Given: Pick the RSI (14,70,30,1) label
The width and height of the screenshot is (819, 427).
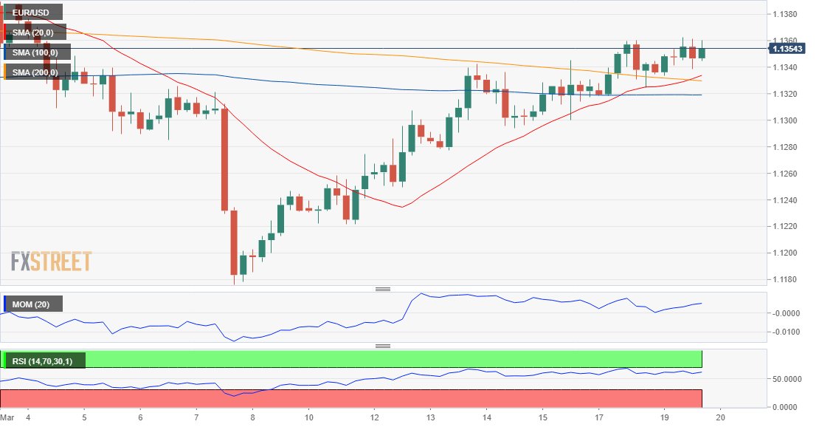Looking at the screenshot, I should click(44, 361).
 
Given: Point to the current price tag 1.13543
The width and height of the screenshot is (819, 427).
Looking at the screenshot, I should click(787, 49).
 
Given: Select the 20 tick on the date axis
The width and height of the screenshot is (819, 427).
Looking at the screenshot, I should click(722, 417).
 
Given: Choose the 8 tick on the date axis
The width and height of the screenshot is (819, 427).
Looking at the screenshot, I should click(252, 417).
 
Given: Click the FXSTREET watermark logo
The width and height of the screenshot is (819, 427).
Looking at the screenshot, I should click(51, 262).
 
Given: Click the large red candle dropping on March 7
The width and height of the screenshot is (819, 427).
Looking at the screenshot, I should click(224, 160).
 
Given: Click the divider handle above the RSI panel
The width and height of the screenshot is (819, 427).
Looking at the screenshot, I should click(383, 346).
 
